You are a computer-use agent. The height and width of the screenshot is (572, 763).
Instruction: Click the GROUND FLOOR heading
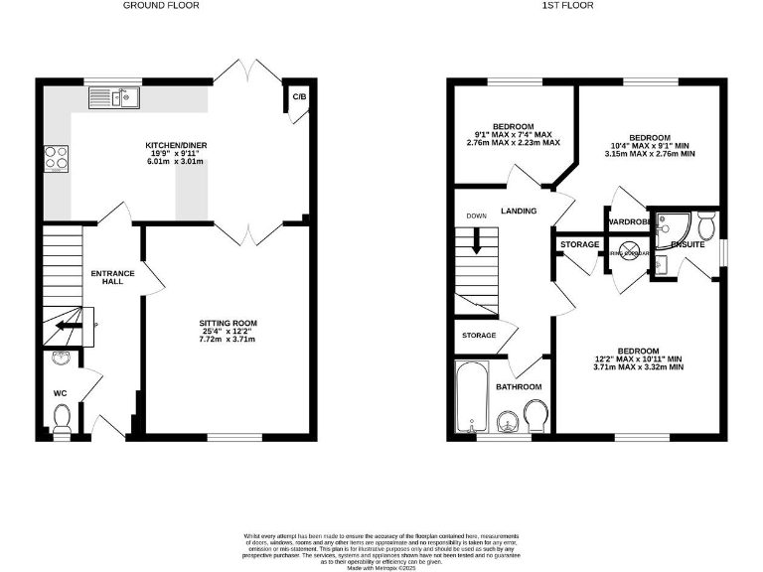160,6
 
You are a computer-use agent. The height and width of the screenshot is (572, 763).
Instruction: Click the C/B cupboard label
298,97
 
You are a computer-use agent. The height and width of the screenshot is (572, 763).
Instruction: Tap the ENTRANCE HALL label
107,277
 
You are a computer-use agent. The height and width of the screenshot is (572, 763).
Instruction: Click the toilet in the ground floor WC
61,417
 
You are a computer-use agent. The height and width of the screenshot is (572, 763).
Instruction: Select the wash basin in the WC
60,359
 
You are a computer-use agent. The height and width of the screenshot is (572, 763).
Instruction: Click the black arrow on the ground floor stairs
71,324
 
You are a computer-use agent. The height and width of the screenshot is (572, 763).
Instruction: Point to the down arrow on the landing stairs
476,241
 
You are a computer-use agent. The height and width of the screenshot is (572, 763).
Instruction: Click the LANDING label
518,211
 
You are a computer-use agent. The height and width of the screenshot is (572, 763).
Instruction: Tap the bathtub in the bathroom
468,397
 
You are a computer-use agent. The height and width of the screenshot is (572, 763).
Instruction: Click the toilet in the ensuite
706,225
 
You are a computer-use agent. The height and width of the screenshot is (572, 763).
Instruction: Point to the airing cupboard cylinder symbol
629,252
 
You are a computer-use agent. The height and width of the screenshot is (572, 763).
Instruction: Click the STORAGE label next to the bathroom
478,336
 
